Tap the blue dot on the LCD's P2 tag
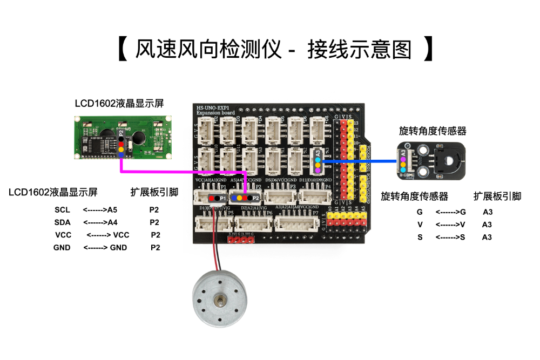(x=121, y=155)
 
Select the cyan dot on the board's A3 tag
(x=318, y=160)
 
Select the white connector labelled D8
(x=319, y=130)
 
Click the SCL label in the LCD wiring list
(x=63, y=210)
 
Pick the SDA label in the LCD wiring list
(x=63, y=222)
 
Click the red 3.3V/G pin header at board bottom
(x=240, y=240)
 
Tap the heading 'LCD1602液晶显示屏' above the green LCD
(x=119, y=103)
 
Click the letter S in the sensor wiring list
(x=420, y=237)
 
